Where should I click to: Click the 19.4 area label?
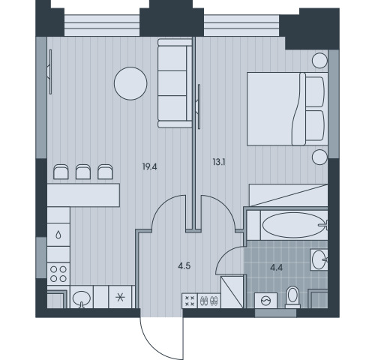point(149,166)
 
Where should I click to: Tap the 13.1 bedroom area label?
point(219,163)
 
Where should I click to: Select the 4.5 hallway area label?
point(184,266)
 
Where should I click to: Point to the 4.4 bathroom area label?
point(276,268)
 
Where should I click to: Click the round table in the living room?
point(130,83)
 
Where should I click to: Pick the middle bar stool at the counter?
point(83,172)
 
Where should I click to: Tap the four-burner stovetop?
point(58,274)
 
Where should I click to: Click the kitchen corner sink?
point(82,298)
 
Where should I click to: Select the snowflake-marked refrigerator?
point(120,297)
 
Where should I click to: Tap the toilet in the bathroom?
point(292,298)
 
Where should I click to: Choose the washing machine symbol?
point(265,301)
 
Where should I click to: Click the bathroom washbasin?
point(319,259)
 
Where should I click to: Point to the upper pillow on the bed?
point(315,92)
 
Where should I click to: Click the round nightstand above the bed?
point(319,61)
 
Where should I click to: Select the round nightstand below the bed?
point(319,157)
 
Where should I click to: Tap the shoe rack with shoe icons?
point(209,301)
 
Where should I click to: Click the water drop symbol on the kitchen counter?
point(58,235)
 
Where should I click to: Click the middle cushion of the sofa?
point(172,83)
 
